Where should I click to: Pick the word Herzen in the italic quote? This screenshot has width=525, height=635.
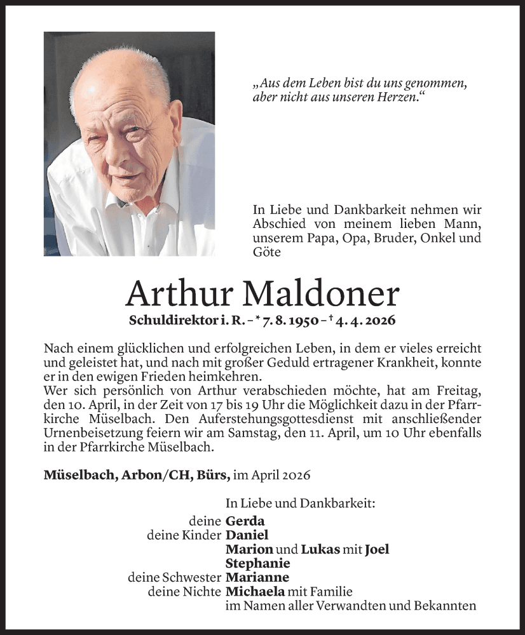398,98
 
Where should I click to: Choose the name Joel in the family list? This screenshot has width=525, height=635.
377,549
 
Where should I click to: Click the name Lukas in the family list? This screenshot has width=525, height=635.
320,549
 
